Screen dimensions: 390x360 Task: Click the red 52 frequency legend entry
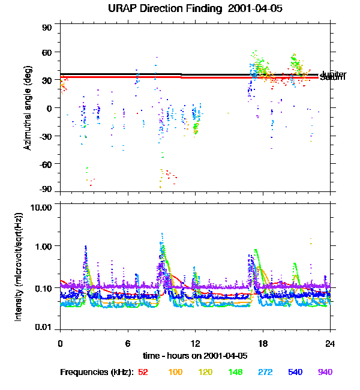click(x=143, y=373)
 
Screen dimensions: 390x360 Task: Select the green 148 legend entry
click(x=235, y=373)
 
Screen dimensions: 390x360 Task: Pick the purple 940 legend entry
click(x=325, y=373)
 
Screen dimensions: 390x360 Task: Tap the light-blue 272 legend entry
click(x=265, y=373)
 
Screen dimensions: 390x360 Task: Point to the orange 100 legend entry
click(x=175, y=373)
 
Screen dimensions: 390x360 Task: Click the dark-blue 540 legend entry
click(x=295, y=373)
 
